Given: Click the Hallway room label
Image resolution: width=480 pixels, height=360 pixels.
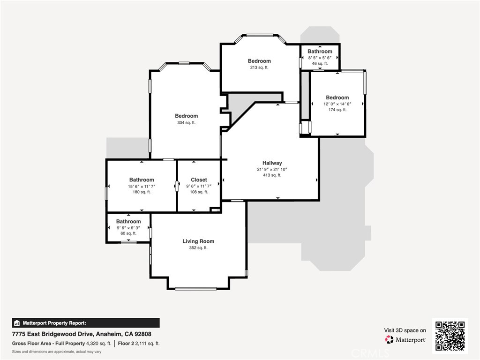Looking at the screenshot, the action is coord(272,163).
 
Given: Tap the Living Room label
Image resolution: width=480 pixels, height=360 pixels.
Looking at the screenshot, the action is coord(198,241).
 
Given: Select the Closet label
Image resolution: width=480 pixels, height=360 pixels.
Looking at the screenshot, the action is coord(199,180).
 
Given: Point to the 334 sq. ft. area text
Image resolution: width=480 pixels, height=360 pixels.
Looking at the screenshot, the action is coord(187,123).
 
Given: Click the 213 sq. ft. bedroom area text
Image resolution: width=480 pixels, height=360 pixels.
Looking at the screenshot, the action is coord(259,67).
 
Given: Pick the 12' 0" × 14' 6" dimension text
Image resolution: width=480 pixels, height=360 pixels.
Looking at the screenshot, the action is coord(337,104).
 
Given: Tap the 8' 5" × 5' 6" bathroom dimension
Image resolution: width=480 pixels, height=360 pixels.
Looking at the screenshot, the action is coord(320,58).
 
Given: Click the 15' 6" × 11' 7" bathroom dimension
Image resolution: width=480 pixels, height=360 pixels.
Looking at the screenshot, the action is coord(142,186).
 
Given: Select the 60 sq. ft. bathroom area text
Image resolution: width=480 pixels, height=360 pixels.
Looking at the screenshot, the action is coord(128,233).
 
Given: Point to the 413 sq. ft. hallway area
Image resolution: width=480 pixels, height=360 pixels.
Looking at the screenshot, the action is coord(272,175).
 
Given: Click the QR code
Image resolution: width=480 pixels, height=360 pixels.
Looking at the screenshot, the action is coord(450,336).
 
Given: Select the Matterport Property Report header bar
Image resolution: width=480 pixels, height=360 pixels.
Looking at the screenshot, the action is coord(86,323).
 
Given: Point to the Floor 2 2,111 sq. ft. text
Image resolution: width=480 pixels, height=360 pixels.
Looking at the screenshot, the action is coord(139,344).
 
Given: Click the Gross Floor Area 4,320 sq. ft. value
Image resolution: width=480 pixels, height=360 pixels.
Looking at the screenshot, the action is coord(98,344).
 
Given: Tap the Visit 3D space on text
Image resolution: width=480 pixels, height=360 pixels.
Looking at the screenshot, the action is coord(405,330).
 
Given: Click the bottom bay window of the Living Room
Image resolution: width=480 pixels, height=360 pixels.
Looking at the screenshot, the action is coord(196,288).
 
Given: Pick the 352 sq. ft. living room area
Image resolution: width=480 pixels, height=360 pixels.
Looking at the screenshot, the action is coord(198,247).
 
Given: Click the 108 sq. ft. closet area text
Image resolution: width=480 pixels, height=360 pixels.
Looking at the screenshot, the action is coord(199,192).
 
